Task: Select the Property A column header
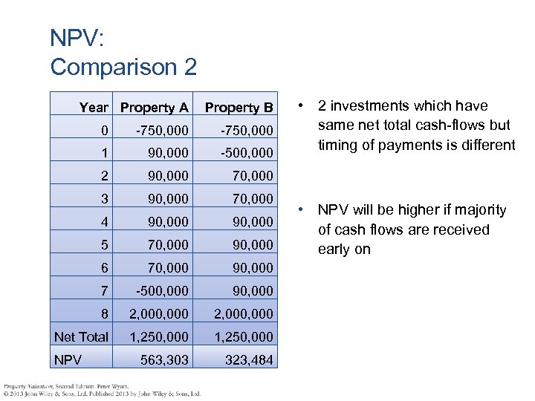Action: (155, 108)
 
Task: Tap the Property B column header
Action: (239, 108)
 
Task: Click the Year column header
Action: (94, 108)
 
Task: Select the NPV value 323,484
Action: (247, 360)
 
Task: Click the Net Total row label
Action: (81, 337)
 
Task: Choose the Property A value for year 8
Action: (159, 314)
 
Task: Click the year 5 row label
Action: (105, 244)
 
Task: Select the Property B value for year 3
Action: (247, 199)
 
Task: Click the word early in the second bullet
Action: (334, 250)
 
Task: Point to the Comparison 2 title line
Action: (123, 67)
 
